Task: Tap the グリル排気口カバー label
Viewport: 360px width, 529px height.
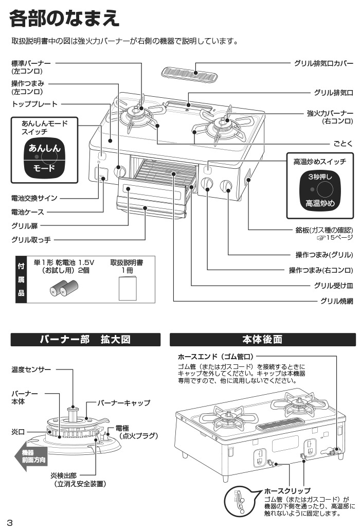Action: [x=323, y=64]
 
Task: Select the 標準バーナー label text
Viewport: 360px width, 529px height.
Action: [x=31, y=63]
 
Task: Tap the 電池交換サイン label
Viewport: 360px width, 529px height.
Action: [x=34, y=198]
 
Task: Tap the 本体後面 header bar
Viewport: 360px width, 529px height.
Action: [x=262, y=340]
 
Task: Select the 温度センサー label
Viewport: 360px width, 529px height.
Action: [x=31, y=369]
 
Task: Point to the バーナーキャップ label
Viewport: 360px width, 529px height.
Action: [x=124, y=403]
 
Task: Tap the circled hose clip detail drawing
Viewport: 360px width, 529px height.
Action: [x=241, y=502]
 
